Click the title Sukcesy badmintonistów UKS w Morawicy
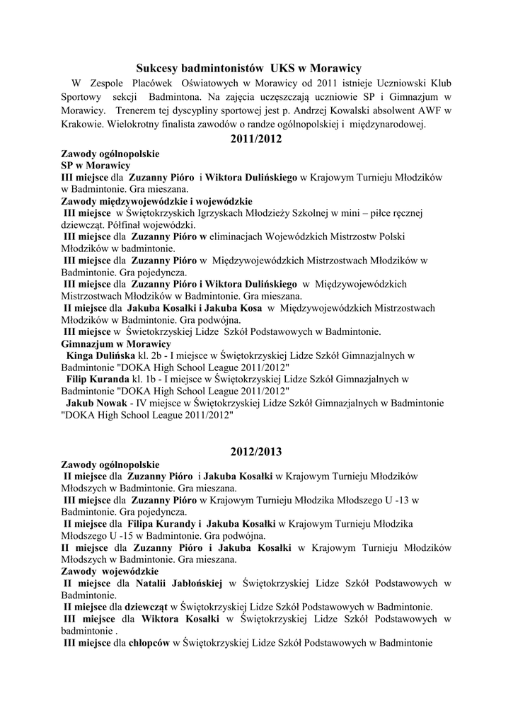(x=248, y=68)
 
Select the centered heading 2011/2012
(x=256, y=139)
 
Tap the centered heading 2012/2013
(x=256, y=451)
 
